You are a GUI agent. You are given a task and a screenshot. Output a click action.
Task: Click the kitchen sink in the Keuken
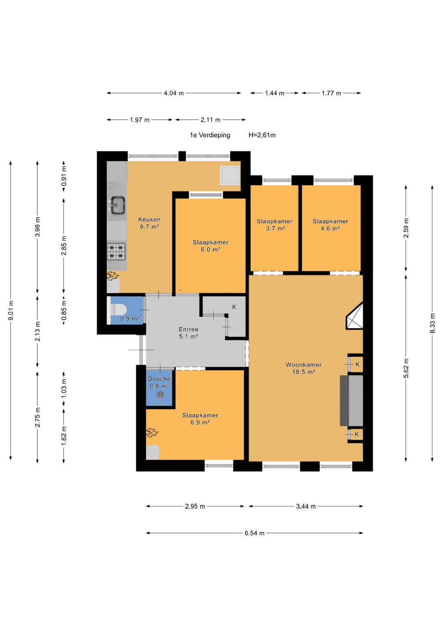[117, 205]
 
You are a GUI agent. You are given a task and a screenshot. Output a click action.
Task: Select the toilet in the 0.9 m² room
[119, 310]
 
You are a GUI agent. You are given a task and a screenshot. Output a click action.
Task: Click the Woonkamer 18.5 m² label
[304, 368]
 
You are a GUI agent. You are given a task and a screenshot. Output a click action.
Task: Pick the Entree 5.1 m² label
[189, 333]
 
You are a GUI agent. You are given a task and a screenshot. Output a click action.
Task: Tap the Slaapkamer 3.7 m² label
[275, 225]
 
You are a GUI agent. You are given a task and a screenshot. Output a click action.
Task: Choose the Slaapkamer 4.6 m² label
[330, 225]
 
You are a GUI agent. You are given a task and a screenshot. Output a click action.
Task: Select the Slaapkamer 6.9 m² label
[200, 419]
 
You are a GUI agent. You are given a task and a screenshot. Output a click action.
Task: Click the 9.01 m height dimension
[11, 310]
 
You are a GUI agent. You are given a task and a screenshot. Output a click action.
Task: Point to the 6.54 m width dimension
[254, 533]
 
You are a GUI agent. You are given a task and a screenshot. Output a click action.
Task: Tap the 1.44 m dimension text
[275, 93]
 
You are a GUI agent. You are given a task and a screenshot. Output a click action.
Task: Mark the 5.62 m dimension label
[406, 368]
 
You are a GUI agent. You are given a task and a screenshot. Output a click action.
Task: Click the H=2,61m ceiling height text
[262, 135]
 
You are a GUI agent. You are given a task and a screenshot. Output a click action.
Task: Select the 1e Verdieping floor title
[210, 135]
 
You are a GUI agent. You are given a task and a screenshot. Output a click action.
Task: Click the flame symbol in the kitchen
[112, 276]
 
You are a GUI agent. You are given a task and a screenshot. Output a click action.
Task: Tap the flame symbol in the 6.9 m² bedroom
[152, 433]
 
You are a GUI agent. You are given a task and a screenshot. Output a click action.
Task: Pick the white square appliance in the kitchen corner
[230, 175]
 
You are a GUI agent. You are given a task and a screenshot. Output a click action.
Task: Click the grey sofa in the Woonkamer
[351, 401]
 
